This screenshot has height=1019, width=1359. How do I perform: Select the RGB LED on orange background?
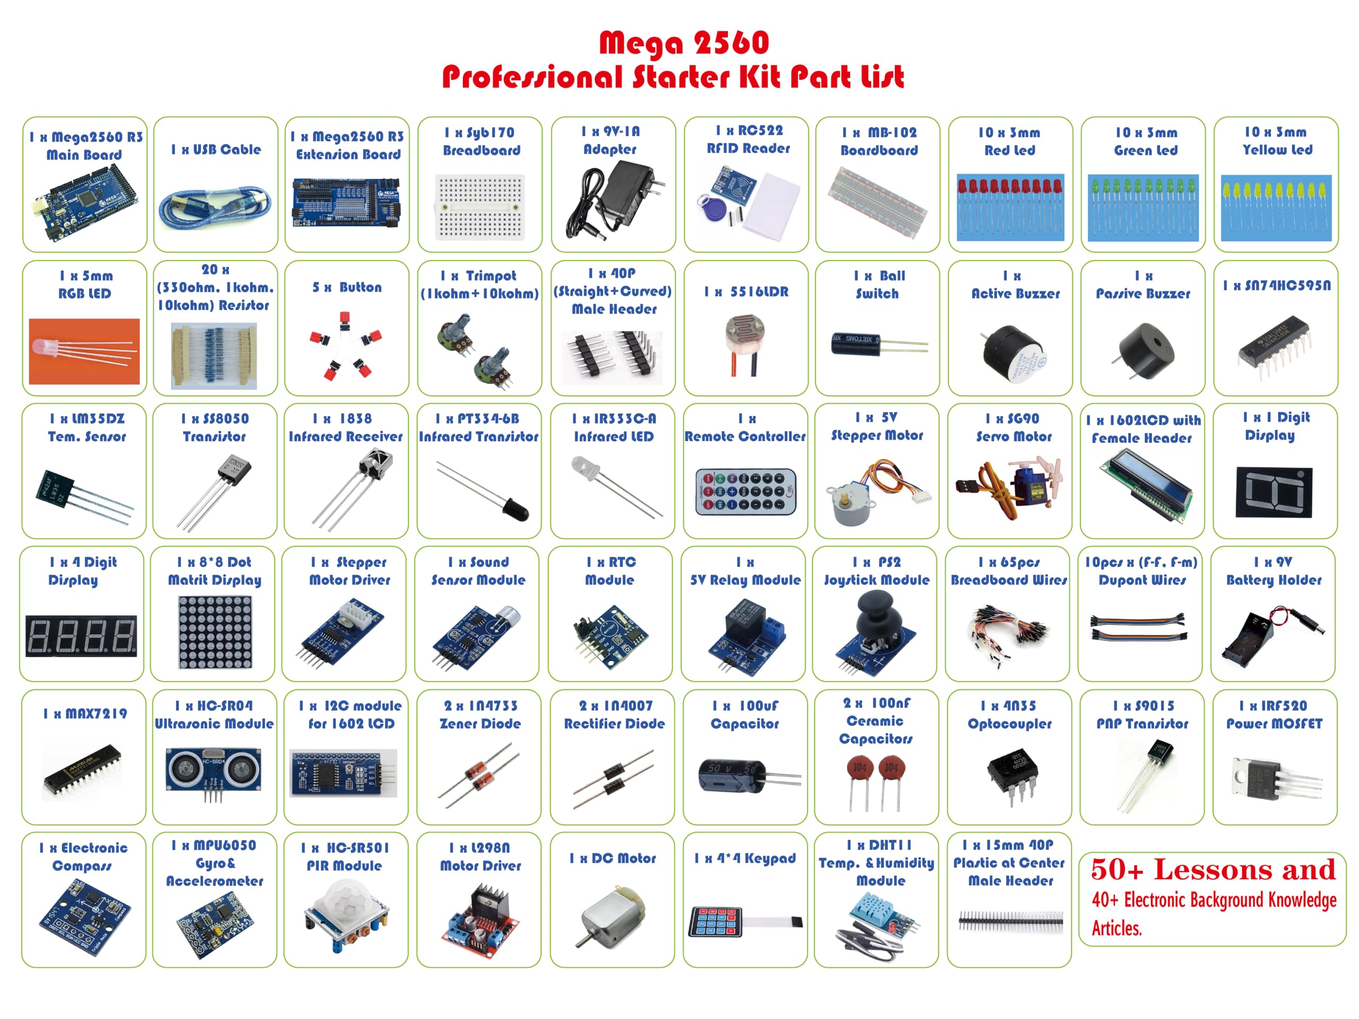84,351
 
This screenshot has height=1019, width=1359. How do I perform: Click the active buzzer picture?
1013,355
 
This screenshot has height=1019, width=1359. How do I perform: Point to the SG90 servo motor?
1009,487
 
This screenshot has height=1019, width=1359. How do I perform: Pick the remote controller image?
746,491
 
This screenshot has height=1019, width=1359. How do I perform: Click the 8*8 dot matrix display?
215,633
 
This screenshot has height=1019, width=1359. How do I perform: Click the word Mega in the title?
641,43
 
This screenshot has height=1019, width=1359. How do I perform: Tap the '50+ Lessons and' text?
1213,870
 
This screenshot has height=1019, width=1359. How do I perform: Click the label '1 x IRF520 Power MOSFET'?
1274,714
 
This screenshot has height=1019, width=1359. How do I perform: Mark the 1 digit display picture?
1274,492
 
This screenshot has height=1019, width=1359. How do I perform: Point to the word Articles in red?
1116,928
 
